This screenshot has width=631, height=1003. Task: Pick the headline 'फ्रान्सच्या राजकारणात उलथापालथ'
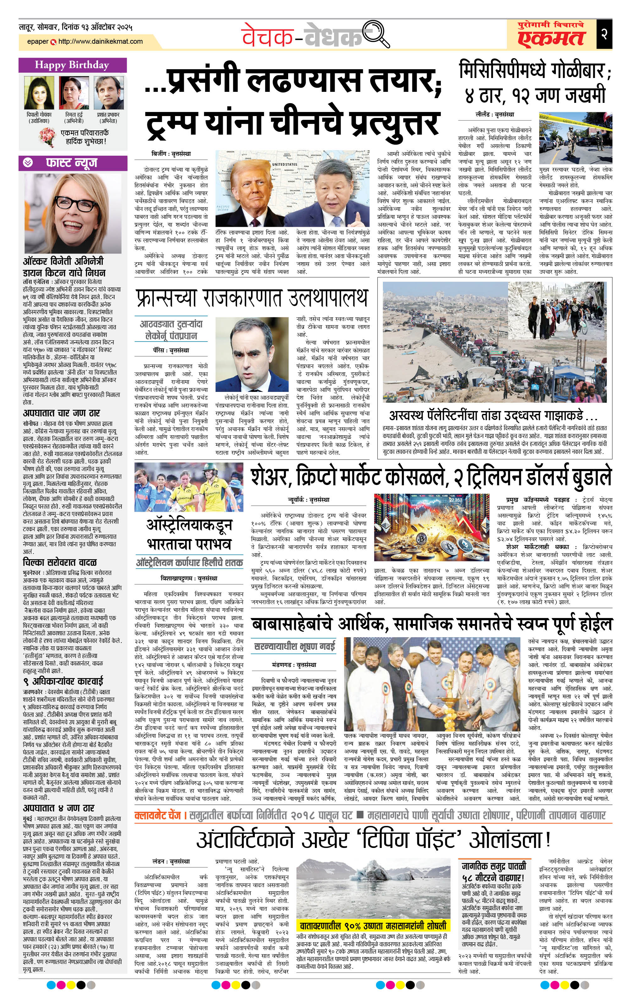[x=252, y=298]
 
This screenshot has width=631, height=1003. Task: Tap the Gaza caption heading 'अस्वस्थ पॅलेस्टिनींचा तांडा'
[x=493, y=415]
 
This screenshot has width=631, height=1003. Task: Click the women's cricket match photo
[x=189, y=487]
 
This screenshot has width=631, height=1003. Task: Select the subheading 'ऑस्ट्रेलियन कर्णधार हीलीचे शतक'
[x=189, y=563]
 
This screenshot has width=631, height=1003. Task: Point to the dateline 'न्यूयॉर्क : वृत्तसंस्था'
[x=308, y=499]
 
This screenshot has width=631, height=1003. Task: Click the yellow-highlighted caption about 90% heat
[x=373, y=926]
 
